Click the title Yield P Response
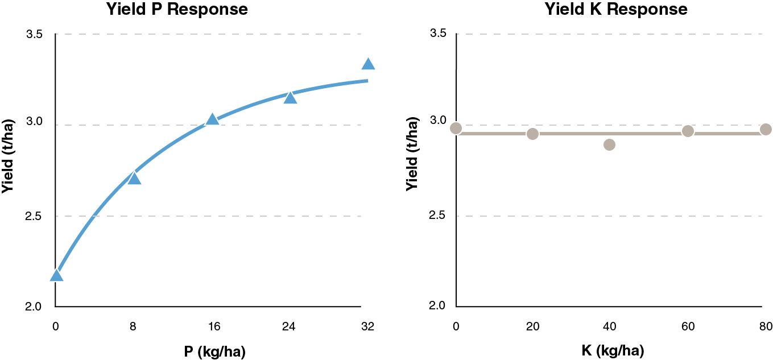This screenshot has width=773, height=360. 177,9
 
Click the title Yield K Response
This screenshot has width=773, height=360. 616,9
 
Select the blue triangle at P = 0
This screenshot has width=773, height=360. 56,276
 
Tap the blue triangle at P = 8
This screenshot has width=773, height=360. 134,179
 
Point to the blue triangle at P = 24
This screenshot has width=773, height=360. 290,98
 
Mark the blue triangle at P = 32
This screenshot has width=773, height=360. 368,65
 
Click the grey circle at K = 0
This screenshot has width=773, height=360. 456,128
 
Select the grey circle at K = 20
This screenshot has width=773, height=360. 532,134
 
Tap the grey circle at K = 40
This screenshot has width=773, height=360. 609,144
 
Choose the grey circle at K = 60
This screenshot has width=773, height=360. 688,131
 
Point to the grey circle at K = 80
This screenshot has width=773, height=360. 766,129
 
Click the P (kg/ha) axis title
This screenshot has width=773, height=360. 214,351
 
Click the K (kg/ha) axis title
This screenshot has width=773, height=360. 613,351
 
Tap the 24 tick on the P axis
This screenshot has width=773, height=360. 290,326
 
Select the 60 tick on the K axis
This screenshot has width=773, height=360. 688,326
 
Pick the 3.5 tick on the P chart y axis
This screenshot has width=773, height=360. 34,34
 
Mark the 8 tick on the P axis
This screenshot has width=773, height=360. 134,326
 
